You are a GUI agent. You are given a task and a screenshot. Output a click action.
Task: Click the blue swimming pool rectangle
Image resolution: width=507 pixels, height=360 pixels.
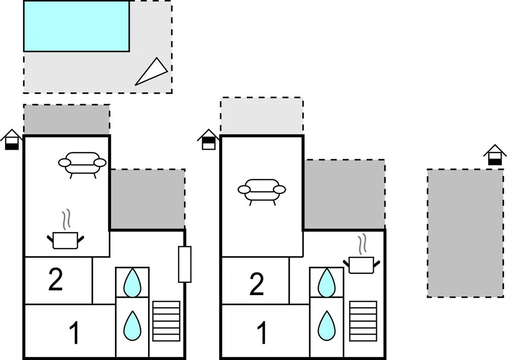click(76, 26)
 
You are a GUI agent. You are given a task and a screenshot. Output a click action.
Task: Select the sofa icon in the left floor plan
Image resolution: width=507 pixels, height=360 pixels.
click(82, 164)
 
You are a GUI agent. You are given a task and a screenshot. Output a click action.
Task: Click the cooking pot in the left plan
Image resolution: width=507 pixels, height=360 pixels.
click(66, 239)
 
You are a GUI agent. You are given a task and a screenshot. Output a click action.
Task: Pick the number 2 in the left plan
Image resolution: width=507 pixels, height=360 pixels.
click(56, 280)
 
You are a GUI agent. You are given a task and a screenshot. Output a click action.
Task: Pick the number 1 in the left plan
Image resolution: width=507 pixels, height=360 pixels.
click(74, 334)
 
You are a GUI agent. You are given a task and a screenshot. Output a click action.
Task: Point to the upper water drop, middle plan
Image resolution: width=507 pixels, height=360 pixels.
click(326, 282)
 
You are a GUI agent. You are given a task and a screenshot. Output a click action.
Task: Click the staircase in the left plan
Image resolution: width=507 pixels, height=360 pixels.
click(166, 321)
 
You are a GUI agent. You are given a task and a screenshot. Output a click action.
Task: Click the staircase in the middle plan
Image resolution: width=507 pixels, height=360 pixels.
click(363, 321)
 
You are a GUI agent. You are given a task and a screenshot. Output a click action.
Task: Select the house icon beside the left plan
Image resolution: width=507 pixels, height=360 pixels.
click(12, 140)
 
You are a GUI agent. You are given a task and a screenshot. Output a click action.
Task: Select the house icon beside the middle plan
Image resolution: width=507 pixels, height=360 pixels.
click(208, 140)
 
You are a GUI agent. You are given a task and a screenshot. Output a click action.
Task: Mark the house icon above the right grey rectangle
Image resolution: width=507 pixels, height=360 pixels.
click(495, 155)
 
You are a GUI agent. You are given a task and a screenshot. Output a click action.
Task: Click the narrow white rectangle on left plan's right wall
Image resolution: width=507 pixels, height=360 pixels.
click(185, 264)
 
